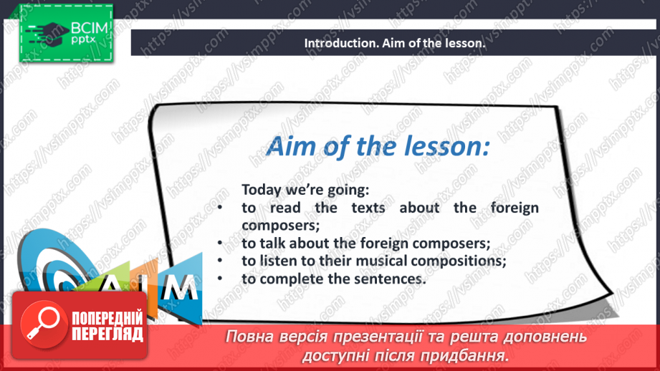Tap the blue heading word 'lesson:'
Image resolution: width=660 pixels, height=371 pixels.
pos(447,146)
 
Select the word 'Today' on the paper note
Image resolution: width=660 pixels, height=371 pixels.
pos(262,190)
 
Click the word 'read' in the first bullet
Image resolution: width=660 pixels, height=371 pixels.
pos(285,208)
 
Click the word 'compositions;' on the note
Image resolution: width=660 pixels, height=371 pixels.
pos(459,261)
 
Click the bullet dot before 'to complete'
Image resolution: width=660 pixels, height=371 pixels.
pos(220,278)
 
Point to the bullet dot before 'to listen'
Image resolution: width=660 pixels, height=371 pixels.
pos(220,261)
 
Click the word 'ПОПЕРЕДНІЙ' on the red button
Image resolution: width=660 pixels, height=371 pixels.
pos(107,319)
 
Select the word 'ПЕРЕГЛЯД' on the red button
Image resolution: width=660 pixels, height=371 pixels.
pos(107,334)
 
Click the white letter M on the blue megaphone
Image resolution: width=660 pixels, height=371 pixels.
pos(181,287)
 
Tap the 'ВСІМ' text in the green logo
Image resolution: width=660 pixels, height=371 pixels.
pos(90,28)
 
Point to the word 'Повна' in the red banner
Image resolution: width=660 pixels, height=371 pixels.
pos(247,337)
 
